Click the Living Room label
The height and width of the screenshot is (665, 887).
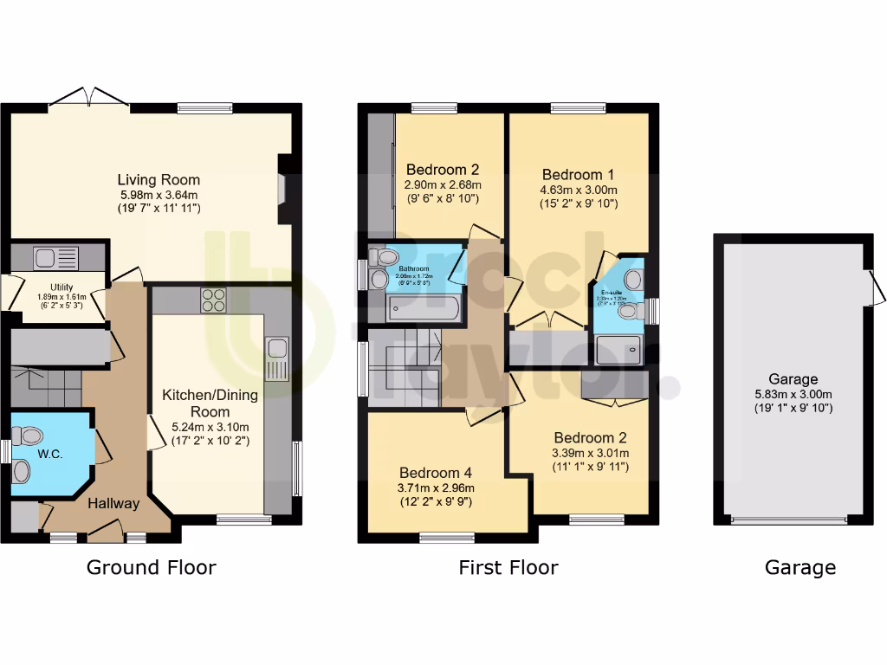point(159,180)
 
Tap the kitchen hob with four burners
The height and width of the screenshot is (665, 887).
point(214,300)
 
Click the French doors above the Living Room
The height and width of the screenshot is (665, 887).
point(87,98)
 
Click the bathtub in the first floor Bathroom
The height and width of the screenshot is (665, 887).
point(415,305)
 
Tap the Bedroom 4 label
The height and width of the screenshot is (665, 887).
point(436,473)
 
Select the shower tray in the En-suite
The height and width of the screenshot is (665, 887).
point(620,348)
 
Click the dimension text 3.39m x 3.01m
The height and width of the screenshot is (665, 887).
point(590,453)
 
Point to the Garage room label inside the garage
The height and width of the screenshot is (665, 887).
point(793,379)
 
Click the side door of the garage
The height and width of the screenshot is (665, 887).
point(877,286)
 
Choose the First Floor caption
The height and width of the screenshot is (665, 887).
point(508,568)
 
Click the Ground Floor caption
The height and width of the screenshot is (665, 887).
point(151,568)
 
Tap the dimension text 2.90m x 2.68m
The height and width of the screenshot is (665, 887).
point(443,184)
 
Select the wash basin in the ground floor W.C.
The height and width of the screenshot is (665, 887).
point(22,471)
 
